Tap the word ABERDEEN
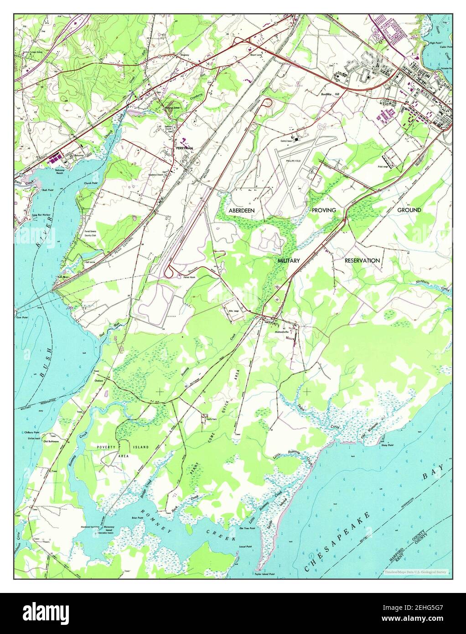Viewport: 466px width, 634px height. (242, 210)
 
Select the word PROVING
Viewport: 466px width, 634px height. (324, 210)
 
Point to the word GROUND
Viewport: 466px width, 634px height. (409, 210)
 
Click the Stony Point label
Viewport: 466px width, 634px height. (388, 442)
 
